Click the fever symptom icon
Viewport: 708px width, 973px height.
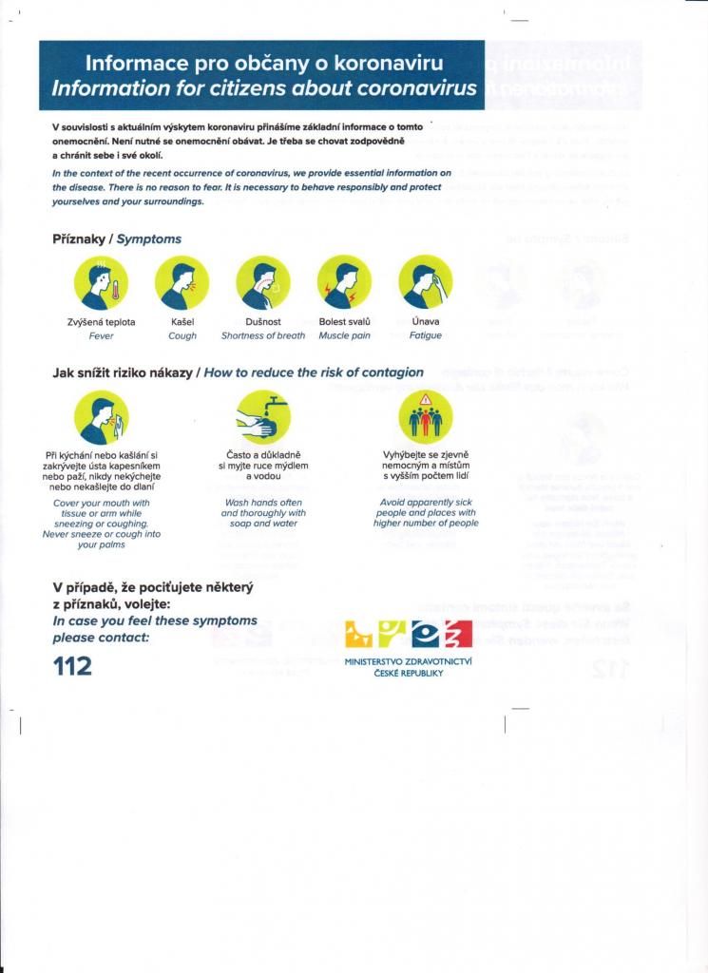101,282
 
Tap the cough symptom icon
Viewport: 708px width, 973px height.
182,282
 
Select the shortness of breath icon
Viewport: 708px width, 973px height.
263,282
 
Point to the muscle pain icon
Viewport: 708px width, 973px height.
344,282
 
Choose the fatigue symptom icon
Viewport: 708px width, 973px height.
425,282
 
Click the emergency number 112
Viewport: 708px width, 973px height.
72,666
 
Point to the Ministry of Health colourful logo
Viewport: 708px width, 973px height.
409,635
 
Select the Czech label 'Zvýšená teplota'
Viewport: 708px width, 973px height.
101,322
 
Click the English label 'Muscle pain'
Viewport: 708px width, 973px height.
344,335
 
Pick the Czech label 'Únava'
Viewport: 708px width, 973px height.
425,322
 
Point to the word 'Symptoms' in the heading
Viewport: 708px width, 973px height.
149,238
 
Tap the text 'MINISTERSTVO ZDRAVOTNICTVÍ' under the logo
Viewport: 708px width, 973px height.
409,661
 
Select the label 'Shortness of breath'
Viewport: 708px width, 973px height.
263,335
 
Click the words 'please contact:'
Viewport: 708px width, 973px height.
101,637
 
